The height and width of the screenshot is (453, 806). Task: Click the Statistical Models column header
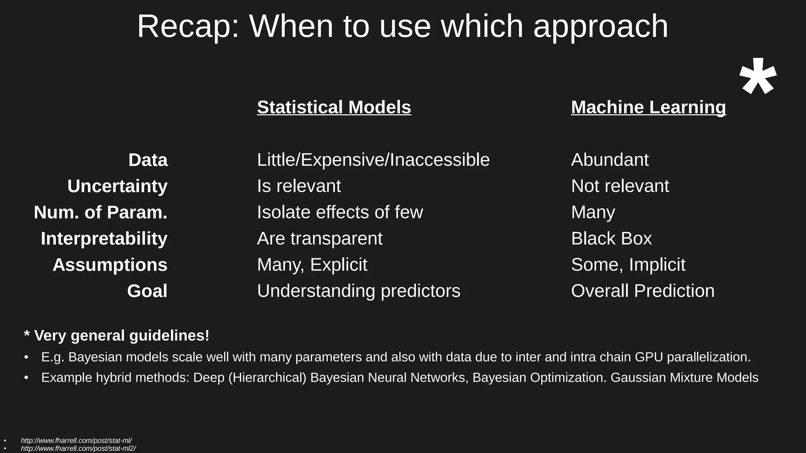click(x=334, y=107)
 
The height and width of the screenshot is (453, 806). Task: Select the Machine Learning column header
click(x=648, y=107)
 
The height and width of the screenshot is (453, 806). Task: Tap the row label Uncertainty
click(x=117, y=186)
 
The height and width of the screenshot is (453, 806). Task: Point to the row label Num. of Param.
click(x=100, y=212)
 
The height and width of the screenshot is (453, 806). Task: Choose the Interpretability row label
click(x=104, y=239)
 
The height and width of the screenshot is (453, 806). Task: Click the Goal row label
click(x=147, y=291)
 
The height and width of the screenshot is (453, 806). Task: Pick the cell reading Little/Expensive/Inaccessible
click(x=373, y=160)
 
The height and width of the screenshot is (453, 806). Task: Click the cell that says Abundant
click(x=610, y=160)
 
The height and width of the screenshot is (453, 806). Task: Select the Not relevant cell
click(x=619, y=186)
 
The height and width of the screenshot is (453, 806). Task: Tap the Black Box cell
click(x=611, y=239)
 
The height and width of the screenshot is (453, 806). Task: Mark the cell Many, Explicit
click(x=312, y=265)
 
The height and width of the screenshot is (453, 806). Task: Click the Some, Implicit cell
click(x=628, y=265)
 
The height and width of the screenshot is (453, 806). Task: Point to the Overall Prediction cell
click(x=642, y=291)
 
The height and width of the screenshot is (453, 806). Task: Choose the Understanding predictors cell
click(x=358, y=291)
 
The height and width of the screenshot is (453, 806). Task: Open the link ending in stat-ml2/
click(x=78, y=449)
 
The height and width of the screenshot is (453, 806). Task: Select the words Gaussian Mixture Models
click(x=684, y=377)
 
